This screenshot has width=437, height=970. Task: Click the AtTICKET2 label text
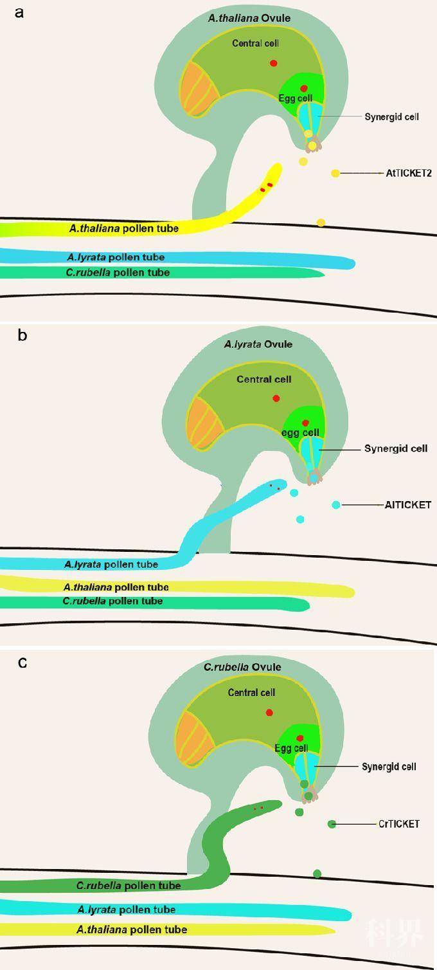[x=409, y=173]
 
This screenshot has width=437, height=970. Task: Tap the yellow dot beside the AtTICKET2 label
[x=335, y=173]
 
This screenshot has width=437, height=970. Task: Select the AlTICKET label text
[x=408, y=505]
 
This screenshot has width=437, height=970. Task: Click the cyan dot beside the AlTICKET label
[x=335, y=504]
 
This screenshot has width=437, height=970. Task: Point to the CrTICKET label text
[x=399, y=823]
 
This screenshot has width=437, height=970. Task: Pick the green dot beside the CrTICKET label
[x=332, y=823]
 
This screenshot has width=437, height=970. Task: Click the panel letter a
[x=19, y=13]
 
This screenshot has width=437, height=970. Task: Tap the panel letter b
[x=22, y=335]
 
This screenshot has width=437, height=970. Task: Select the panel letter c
[x=22, y=663]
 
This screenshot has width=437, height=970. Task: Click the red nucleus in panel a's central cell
[x=274, y=63]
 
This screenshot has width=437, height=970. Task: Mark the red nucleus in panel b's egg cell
[x=305, y=423]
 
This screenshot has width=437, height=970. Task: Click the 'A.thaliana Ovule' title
[x=249, y=18]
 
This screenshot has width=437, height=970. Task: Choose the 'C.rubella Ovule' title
[x=242, y=667]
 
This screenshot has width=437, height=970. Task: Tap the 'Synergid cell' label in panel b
[x=396, y=448]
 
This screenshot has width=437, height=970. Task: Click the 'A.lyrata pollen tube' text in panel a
[x=116, y=257]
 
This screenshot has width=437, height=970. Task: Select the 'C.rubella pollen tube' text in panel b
[x=112, y=601]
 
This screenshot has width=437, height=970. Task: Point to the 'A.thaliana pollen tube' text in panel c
[x=132, y=929]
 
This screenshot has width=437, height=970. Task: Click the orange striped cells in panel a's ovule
[x=197, y=89]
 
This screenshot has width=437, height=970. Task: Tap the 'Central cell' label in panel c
[x=251, y=692]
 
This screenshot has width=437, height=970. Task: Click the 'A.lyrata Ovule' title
[x=258, y=345]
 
